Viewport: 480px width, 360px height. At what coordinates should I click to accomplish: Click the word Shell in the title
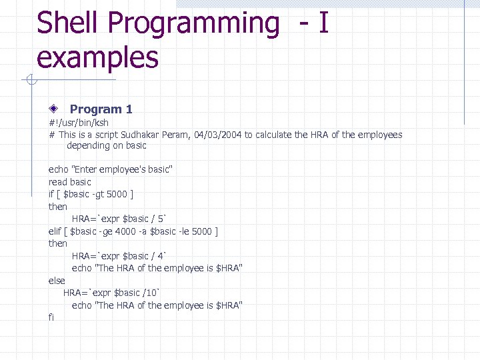(x=67, y=23)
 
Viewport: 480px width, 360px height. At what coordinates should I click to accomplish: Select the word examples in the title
(x=97, y=57)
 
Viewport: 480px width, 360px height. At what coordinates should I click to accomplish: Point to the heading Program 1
(x=101, y=109)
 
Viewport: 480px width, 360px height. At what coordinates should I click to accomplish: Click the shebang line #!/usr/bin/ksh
(x=79, y=123)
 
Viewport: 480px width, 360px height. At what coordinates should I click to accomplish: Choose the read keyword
(x=57, y=182)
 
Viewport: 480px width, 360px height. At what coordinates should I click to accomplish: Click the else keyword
(x=57, y=281)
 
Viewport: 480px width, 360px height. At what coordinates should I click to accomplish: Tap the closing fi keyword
(x=51, y=317)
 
